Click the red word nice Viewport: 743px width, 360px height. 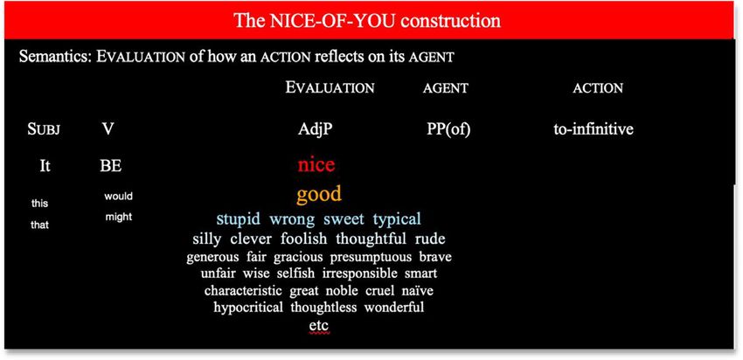tap(316, 165)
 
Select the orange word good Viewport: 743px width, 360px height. tap(319, 194)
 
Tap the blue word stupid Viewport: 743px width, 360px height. tap(239, 218)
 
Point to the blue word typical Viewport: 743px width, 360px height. tap(397, 219)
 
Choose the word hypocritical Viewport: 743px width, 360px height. tap(248, 307)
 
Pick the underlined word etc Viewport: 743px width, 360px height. tap(318, 326)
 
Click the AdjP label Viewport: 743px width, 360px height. tap(316, 129)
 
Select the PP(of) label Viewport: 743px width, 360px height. tap(448, 129)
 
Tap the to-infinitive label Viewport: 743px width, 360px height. tap(594, 129)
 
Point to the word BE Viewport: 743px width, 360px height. tap(110, 166)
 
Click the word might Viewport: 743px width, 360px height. tap(119, 218)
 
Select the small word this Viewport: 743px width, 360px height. tap(39, 204)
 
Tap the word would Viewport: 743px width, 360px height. tap(119, 196)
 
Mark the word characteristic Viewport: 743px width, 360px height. tap(243, 290)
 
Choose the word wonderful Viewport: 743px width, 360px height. tap(393, 307)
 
